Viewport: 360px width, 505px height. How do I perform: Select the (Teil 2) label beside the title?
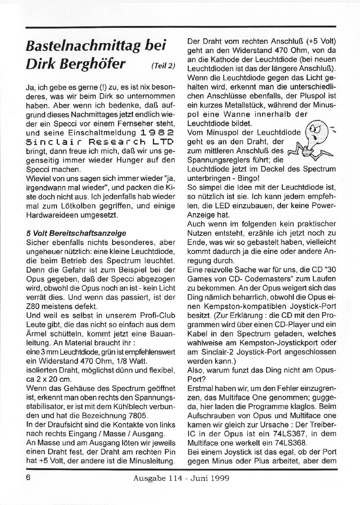[x=163, y=66]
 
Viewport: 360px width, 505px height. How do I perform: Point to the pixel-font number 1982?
[x=157, y=133]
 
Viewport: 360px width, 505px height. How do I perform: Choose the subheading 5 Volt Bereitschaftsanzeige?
[x=76, y=233]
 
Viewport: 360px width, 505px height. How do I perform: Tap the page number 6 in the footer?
[x=28, y=478]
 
